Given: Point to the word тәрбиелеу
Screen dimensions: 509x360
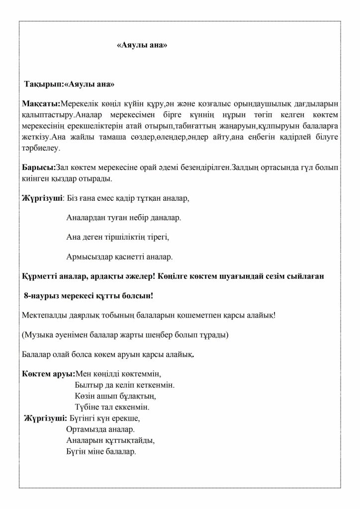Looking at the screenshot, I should (x=41, y=148).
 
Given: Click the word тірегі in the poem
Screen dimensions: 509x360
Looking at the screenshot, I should (x=158, y=237).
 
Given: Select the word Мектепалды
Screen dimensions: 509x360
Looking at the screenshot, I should (x=45, y=315).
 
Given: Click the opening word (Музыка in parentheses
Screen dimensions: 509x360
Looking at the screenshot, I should (x=37, y=335).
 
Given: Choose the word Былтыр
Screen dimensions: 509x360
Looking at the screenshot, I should (x=87, y=385).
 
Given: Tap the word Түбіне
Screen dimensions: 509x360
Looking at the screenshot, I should (x=86, y=407).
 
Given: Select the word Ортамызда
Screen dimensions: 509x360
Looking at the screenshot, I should (x=85, y=428).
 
